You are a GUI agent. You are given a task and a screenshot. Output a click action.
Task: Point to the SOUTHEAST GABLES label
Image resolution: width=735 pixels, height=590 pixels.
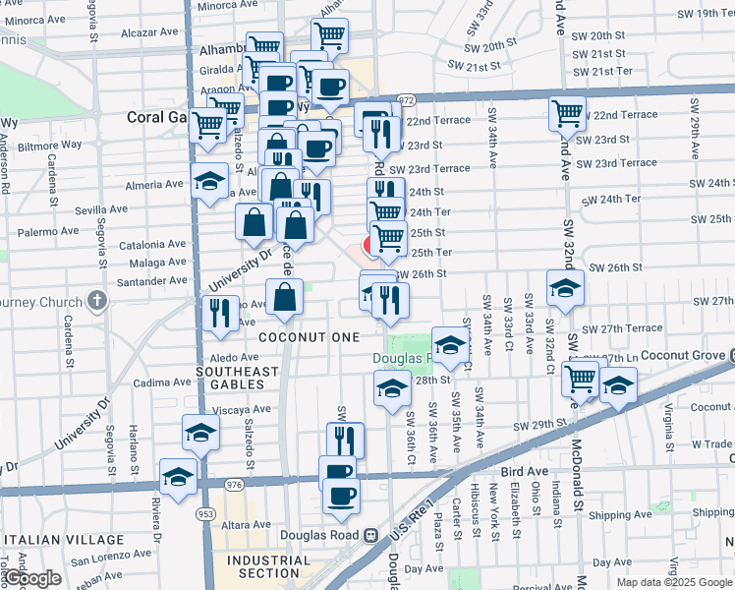pyautogui.click(x=237, y=378)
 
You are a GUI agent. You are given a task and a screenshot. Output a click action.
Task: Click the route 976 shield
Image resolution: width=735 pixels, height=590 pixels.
pyautogui.click(x=233, y=485)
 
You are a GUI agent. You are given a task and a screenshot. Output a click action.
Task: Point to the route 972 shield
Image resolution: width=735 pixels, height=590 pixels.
pyautogui.click(x=408, y=100)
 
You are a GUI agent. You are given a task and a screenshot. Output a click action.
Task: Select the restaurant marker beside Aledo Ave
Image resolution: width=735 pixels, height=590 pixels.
pyautogui.click(x=219, y=315)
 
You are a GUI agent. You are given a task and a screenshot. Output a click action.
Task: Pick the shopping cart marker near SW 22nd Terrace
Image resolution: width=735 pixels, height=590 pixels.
pyautogui.click(x=567, y=114)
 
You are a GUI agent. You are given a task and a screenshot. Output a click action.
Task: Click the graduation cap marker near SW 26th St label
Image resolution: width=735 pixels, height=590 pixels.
pyautogui.click(x=565, y=289)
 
